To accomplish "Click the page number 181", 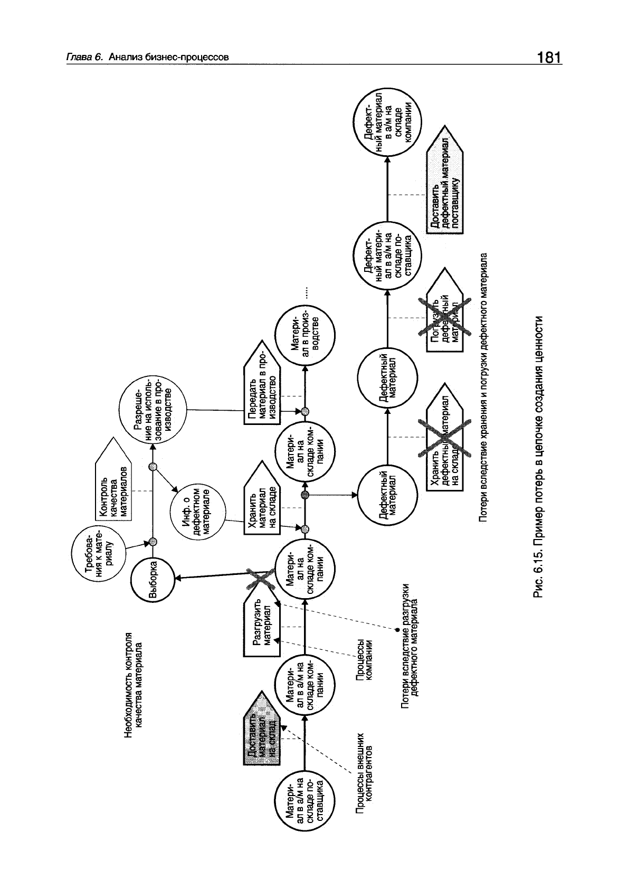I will (x=549, y=57).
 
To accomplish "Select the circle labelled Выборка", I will (x=153, y=579).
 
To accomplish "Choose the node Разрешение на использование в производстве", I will (x=154, y=406).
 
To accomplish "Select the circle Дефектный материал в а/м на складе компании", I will (x=387, y=124).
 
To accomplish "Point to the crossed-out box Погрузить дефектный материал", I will (x=444, y=316).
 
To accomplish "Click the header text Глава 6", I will (x=84, y=58).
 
